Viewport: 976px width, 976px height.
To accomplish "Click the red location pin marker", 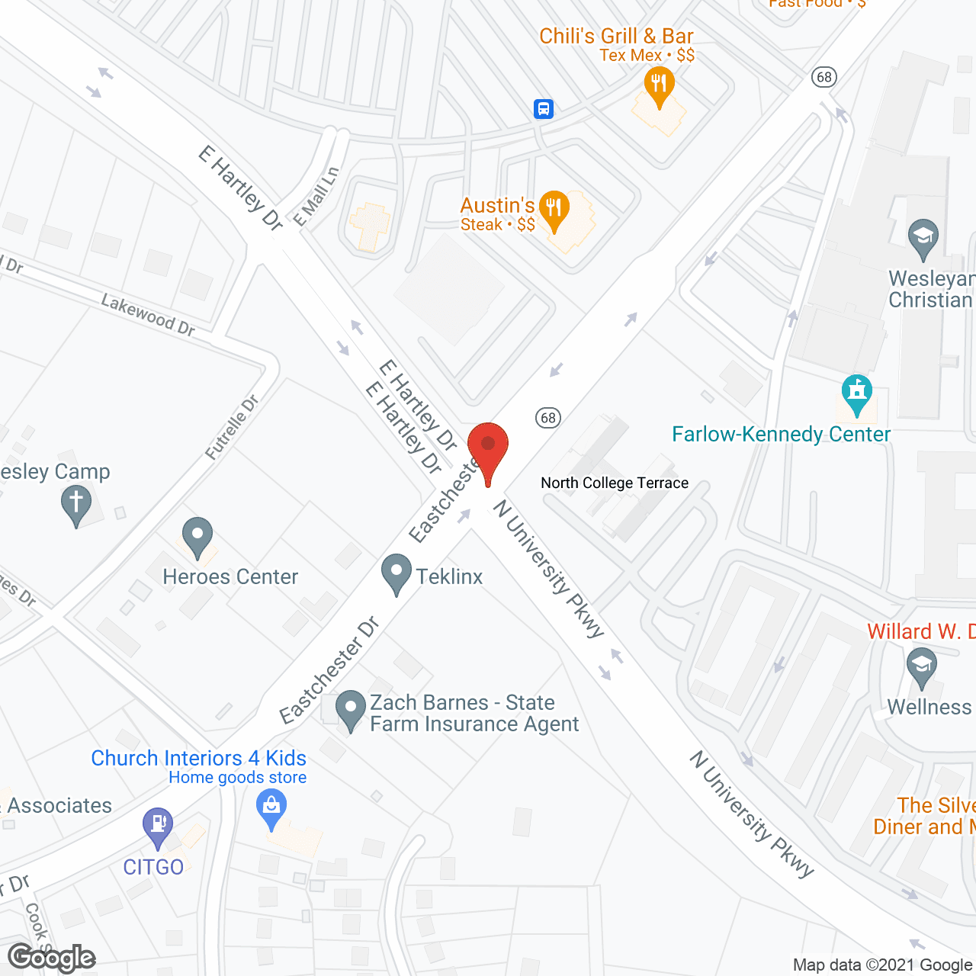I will [x=488, y=450].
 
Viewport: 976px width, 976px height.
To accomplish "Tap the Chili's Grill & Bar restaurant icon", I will [x=659, y=83].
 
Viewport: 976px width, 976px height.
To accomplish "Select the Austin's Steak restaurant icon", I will [x=554, y=208].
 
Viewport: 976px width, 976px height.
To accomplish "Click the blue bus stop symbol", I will [x=543, y=109].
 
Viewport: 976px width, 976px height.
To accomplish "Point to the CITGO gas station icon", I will [x=158, y=826].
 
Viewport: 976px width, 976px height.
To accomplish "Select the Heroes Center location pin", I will [x=197, y=535].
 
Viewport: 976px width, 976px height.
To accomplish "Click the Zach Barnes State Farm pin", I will [x=351, y=708].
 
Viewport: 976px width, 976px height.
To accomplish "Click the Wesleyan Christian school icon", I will [x=923, y=237].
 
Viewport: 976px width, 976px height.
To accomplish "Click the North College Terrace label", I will [x=615, y=483].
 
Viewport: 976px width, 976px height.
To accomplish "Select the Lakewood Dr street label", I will [x=148, y=315].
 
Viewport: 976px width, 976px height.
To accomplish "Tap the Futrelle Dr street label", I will [x=232, y=427].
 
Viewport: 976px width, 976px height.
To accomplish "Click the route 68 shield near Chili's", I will [x=823, y=77].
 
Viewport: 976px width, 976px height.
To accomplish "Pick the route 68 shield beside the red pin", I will [x=547, y=417].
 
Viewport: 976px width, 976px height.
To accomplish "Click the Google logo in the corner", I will [x=52, y=957].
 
